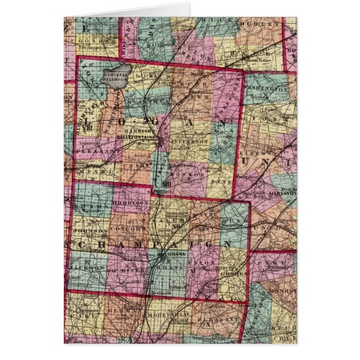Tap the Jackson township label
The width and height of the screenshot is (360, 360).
tap(89, 268)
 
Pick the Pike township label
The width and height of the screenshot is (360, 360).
tap(276, 259)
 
